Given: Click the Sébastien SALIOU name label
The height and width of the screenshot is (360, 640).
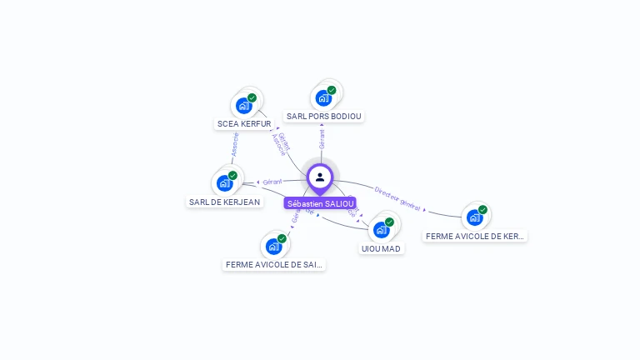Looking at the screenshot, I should tap(321, 203).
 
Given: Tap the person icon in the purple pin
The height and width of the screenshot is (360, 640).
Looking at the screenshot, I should tap(320, 177).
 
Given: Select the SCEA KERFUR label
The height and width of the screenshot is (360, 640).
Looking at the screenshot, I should tap(244, 124).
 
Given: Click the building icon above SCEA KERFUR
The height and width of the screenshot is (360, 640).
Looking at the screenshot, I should tap(243, 105).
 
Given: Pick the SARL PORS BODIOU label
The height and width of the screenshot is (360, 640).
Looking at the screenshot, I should tap(324, 117).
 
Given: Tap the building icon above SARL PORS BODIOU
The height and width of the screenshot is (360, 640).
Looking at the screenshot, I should tap(323, 97).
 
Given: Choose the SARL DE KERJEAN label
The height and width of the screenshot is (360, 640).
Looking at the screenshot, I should tap(224, 202).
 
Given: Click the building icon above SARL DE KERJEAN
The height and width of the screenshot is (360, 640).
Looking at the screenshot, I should tap(224, 182).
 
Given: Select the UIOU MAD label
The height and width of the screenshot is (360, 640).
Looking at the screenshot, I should tap(381, 248).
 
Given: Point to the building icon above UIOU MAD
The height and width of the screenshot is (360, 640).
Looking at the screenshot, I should tap(381, 229).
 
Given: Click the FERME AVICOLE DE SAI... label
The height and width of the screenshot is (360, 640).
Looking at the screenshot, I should tap(274, 265).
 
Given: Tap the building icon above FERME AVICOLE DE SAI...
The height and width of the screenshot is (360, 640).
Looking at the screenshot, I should tap(273, 246).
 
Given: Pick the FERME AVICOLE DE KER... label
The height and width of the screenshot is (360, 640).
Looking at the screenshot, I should tap(475, 237).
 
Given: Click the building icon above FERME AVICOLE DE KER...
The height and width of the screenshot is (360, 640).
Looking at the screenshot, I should tap(474, 217).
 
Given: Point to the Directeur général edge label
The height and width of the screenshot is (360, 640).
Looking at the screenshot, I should tap(397, 197).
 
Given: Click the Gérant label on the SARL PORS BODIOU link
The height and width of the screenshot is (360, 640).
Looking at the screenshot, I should tap(322, 139).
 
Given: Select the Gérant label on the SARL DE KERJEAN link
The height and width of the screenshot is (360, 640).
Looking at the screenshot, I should tap(272, 181).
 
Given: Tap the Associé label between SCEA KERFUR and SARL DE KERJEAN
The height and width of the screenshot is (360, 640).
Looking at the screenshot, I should tap(234, 145).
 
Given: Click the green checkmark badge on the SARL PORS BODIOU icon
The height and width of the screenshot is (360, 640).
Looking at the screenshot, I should tap(332, 90).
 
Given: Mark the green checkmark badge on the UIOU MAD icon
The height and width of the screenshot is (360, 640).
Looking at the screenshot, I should tap(389, 222).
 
